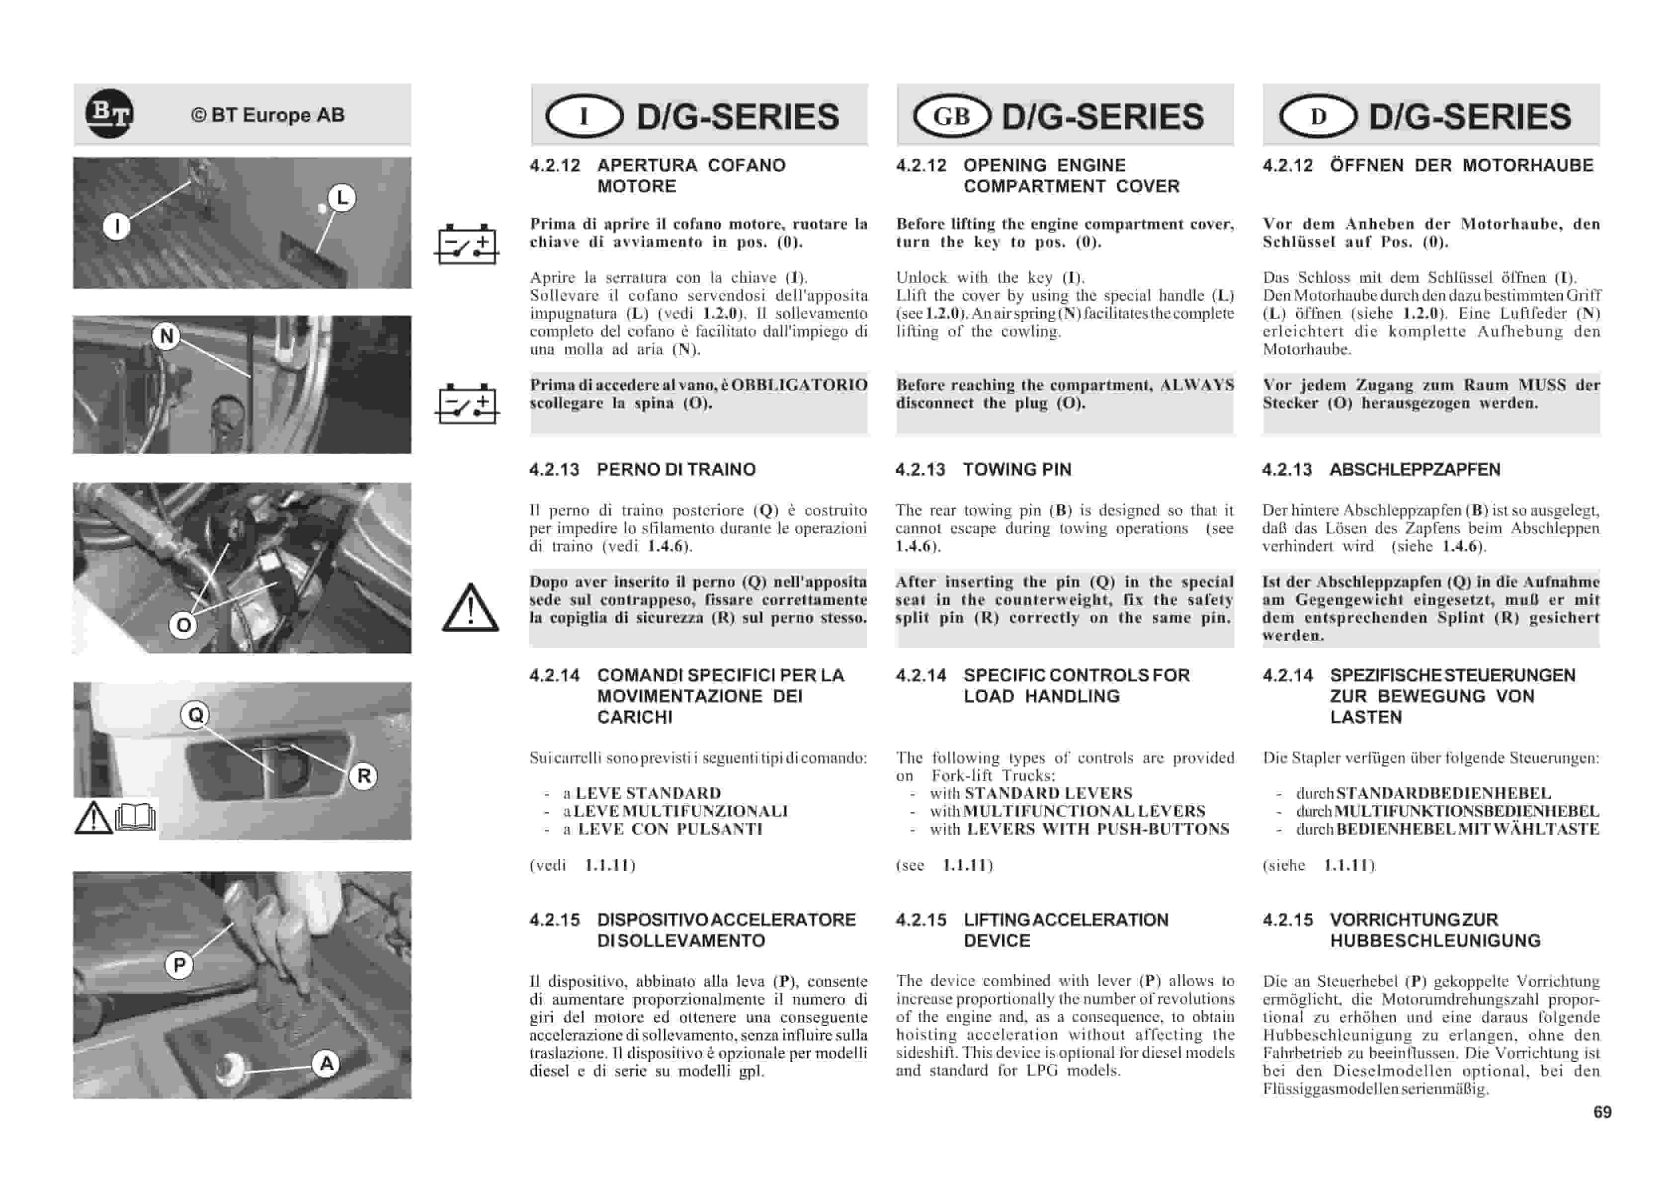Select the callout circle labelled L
tap(342, 198)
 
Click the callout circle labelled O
tap(183, 625)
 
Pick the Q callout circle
tap(195, 715)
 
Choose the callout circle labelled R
tap(363, 776)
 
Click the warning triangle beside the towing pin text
tap(470, 608)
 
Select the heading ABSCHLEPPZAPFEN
tap(1415, 470)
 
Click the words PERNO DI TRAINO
tap(676, 470)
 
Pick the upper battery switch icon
tap(467, 245)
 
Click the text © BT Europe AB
tap(267, 115)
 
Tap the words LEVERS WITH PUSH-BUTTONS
tap(1098, 829)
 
